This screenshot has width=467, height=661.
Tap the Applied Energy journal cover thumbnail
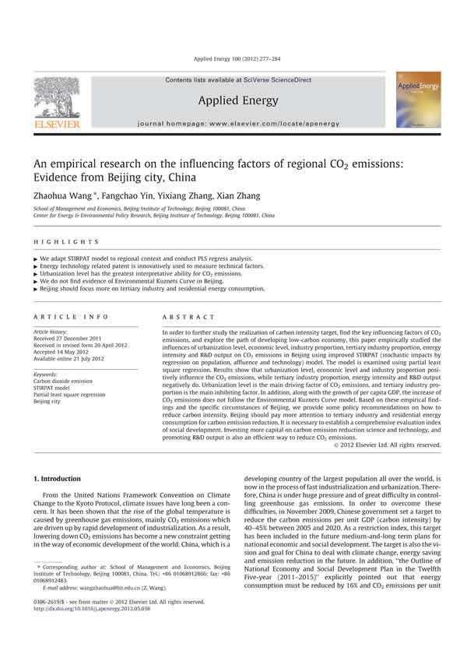417,100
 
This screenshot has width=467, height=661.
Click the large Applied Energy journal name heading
233,99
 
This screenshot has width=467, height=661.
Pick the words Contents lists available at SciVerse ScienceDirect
233,79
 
